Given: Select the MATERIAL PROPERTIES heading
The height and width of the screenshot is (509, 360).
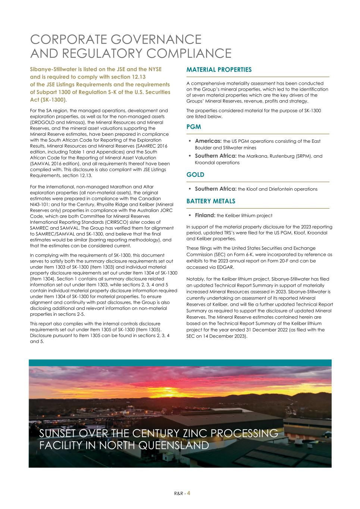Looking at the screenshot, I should pyautogui.click(x=219, y=70).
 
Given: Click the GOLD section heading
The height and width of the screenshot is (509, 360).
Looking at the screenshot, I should pyautogui.click(x=195, y=175).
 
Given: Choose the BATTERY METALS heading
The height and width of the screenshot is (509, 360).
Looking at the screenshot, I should pyautogui.click(x=210, y=201).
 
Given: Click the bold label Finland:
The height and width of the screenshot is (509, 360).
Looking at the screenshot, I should pyautogui.click(x=205, y=216).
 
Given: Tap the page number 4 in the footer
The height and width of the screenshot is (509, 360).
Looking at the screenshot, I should pyautogui.click(x=189, y=493).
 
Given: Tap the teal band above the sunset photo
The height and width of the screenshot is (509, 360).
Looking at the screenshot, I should pyautogui.click(x=180, y=363).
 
